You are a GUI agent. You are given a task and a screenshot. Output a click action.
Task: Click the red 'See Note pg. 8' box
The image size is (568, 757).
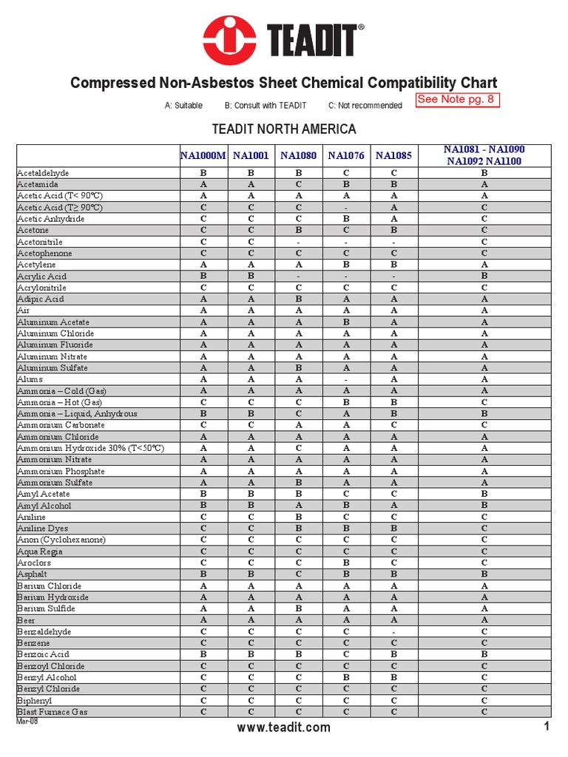[x=458, y=100]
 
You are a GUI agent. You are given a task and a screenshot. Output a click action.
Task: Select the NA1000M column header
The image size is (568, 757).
[x=203, y=155]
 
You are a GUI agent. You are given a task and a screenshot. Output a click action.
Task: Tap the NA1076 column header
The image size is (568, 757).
[x=346, y=155]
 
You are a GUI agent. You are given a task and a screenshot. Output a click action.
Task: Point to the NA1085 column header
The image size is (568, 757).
[x=393, y=155]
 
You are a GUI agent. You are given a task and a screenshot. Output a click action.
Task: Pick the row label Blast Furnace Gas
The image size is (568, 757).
[x=53, y=712]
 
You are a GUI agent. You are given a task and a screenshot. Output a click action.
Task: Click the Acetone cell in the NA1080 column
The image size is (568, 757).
[x=298, y=230]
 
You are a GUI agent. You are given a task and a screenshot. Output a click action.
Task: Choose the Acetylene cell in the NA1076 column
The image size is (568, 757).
[x=346, y=265]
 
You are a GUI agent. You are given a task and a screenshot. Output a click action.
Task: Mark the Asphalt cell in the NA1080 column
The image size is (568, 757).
[x=298, y=574]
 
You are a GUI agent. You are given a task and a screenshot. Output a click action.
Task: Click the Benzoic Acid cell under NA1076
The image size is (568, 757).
[x=346, y=654]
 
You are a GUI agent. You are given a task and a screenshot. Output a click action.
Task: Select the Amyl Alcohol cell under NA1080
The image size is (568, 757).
[x=298, y=506]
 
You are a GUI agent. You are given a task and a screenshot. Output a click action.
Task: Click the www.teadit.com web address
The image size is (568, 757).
[x=283, y=728]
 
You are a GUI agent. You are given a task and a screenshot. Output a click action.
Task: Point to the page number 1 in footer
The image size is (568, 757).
[x=547, y=727]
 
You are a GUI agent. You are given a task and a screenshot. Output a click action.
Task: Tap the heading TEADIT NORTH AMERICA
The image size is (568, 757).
[x=284, y=129]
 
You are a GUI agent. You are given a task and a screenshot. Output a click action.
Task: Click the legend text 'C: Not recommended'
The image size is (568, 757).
[x=365, y=106]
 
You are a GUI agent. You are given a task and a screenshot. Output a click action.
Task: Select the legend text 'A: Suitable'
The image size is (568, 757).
[x=183, y=106]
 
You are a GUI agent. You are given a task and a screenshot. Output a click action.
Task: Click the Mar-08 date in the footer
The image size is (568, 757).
[x=27, y=722]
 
